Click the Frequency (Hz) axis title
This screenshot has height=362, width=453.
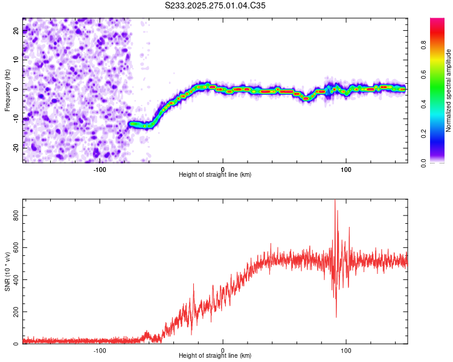[7, 91]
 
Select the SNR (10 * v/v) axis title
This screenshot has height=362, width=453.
[7, 271]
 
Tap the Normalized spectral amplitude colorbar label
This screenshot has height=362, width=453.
[449, 91]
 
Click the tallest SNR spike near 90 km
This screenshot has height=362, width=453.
[335, 201]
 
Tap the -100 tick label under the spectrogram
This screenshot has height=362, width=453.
[100, 169]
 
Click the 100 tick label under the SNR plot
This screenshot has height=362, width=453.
[346, 350]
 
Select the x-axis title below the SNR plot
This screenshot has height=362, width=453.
[215, 356]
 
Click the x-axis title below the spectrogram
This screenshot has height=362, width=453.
[215, 175]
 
